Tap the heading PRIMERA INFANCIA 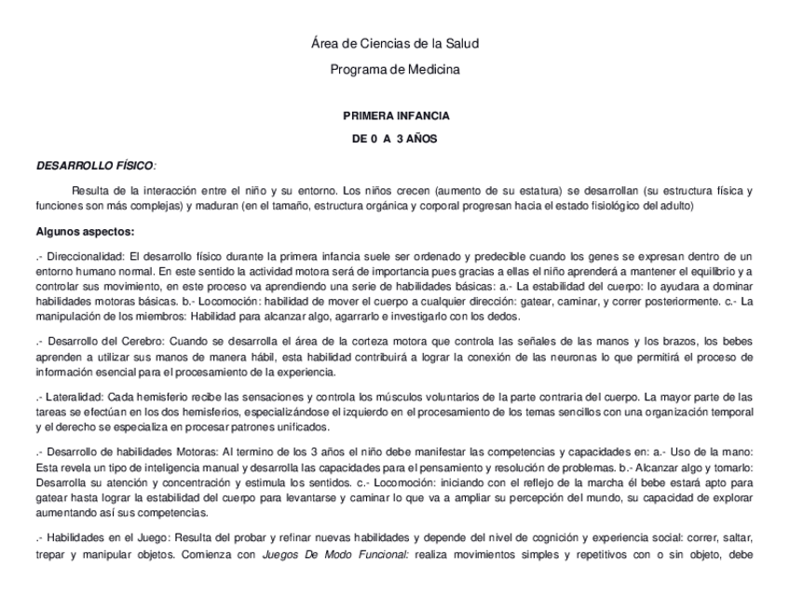point(396,116)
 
